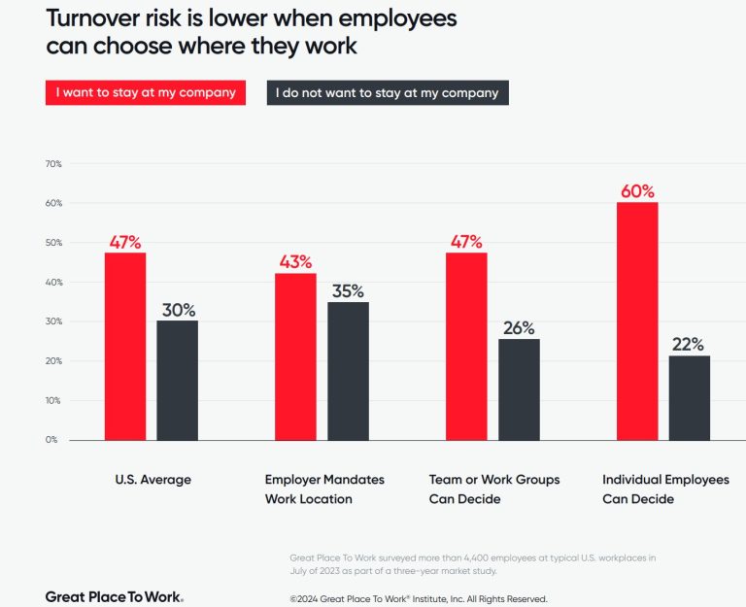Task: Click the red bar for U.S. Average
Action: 124,347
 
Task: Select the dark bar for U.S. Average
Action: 177,380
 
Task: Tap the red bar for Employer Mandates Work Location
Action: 294,356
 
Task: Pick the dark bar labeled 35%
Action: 348,371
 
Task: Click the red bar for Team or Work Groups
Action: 466,347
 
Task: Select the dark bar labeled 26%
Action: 519,388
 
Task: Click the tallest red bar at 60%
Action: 637,320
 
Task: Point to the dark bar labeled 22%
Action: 689,397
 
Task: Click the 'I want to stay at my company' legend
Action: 146,93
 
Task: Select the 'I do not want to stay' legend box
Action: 387,93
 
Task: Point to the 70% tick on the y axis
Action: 53,164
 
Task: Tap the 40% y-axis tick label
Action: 53,283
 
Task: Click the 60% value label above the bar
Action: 637,190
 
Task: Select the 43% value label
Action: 294,261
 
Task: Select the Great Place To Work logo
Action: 114,596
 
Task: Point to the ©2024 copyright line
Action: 418,598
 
